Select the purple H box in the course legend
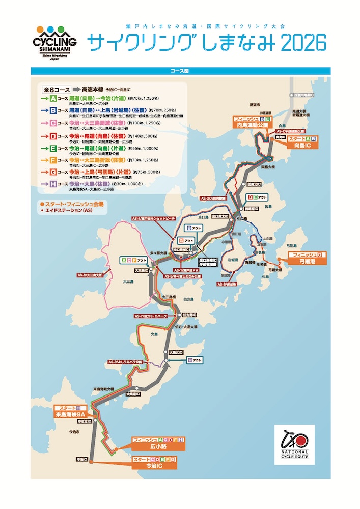pos(52,183)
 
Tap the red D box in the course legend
pos(52,137)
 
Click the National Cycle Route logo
pos(294,444)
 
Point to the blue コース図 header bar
pos(180,71)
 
